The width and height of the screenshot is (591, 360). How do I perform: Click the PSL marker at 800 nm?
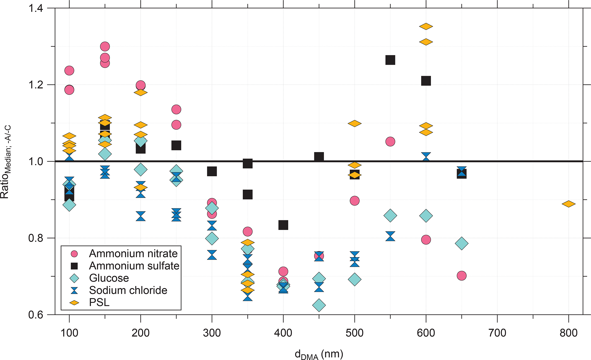(x=568, y=204)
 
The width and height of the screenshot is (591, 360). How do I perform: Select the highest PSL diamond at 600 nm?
(x=426, y=27)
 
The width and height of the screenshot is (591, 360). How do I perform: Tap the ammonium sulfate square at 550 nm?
(x=390, y=60)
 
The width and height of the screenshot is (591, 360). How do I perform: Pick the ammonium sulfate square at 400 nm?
(x=283, y=225)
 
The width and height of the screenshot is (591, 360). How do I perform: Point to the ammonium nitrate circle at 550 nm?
(x=390, y=141)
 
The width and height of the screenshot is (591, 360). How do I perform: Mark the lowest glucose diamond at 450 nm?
(x=319, y=305)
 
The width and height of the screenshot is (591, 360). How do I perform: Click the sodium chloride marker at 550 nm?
(x=390, y=236)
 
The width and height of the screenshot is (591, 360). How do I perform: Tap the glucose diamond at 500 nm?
(x=355, y=279)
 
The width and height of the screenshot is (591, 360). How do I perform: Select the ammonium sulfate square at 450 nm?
(x=319, y=157)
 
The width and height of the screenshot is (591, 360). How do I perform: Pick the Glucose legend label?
(x=109, y=278)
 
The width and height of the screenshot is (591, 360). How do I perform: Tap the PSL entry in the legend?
(x=99, y=302)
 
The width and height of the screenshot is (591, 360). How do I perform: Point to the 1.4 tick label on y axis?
(x=35, y=8)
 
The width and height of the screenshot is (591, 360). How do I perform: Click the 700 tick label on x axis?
(x=497, y=333)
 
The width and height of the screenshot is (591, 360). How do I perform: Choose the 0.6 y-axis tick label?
(x=35, y=315)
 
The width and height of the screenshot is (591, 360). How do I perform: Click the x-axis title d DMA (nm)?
(x=319, y=354)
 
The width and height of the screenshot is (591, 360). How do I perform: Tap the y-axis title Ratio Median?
(x=6, y=162)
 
